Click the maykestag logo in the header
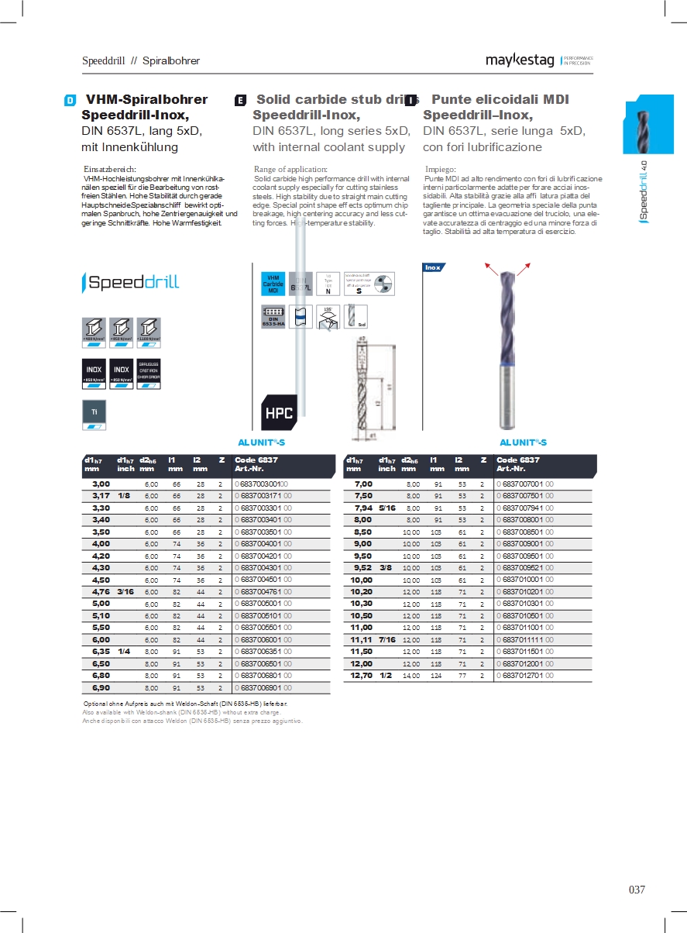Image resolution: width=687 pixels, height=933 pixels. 520,60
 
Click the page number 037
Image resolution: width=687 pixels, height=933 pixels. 637,890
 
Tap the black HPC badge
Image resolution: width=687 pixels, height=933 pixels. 279,413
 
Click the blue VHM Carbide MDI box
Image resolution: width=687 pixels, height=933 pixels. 273,284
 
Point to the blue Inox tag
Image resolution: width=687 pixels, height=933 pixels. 432,267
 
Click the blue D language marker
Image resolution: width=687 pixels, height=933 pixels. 70,100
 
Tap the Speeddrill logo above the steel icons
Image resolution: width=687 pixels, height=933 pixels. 130,283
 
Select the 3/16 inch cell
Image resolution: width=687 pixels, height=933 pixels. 125,592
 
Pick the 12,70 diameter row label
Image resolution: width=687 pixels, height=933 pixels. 362,676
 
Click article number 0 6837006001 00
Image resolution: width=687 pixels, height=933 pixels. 263,640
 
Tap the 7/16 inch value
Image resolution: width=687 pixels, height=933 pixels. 386,640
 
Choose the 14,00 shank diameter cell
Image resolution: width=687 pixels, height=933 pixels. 410,676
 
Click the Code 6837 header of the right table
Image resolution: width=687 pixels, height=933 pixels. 517,460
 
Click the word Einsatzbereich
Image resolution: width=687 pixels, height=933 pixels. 109,169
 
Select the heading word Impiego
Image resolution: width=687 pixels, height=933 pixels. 441,169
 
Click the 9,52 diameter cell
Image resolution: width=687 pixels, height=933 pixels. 362,568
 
